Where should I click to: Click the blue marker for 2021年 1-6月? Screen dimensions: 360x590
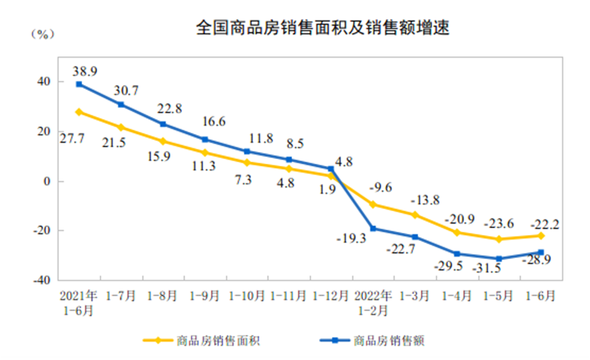coord(79,84)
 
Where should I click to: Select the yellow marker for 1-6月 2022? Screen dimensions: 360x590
coord(541,236)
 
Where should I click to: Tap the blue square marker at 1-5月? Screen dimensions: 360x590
coord(499,259)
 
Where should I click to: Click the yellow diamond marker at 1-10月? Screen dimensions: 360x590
coord(247,163)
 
